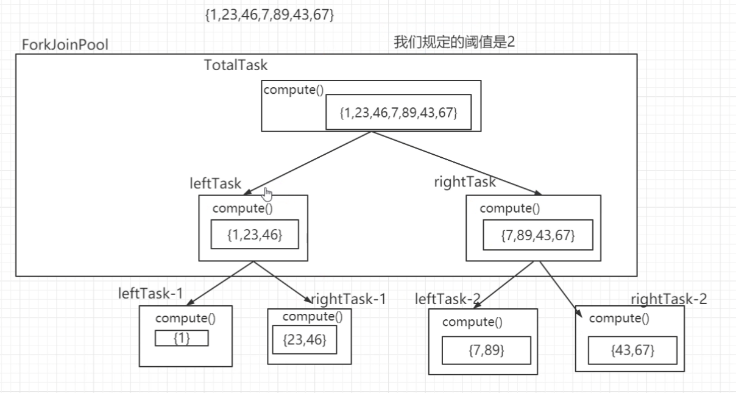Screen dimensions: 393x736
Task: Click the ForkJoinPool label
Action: (x=65, y=45)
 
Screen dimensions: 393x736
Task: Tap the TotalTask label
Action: (x=236, y=65)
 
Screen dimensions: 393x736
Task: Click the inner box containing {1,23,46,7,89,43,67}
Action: (x=398, y=112)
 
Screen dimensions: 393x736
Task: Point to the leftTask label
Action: (x=216, y=183)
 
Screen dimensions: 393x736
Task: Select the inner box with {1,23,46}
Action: (x=255, y=234)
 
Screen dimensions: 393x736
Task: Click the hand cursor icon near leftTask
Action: (x=267, y=194)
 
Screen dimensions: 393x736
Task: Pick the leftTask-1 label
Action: (x=150, y=292)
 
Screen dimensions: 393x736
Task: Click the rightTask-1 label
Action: (x=349, y=299)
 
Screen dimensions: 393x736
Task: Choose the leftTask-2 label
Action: (x=448, y=299)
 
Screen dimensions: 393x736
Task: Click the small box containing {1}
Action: (x=182, y=338)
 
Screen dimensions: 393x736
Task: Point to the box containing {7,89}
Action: (x=486, y=350)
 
